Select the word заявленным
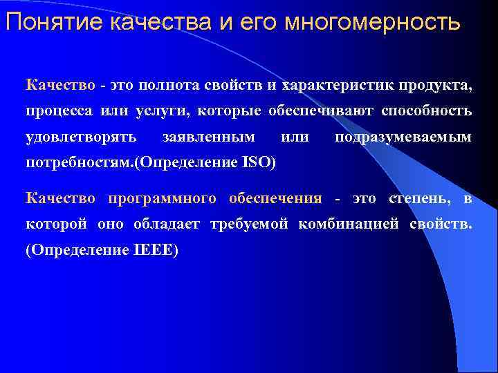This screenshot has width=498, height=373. pos(207,137)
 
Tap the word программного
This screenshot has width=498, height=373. pos(162,199)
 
